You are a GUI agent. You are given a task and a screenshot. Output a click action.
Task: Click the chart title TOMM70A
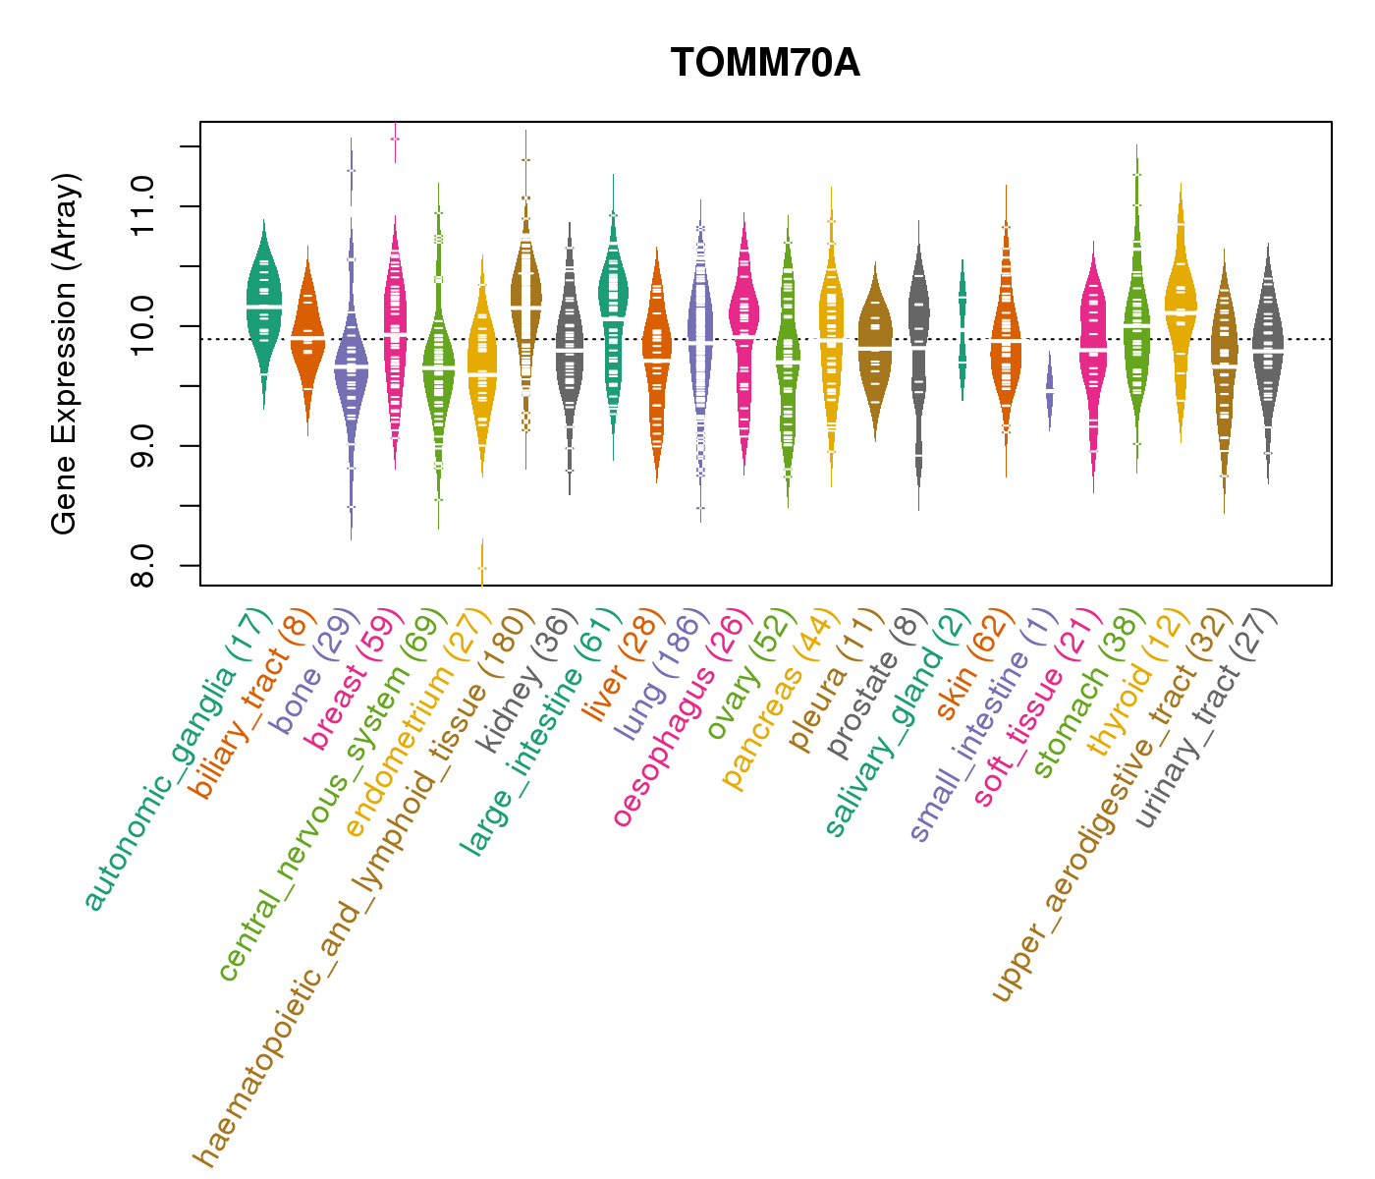point(765,64)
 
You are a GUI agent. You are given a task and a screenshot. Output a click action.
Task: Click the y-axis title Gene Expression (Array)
point(65,354)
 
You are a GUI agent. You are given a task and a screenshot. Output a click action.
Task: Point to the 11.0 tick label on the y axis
point(143,206)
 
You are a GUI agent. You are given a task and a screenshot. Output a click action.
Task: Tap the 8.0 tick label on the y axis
point(143,565)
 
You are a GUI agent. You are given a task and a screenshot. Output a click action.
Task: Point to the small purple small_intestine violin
point(1050,390)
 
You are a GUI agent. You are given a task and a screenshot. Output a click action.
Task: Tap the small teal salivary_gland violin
point(962,329)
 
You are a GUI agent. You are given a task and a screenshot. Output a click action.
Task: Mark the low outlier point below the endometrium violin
point(482,568)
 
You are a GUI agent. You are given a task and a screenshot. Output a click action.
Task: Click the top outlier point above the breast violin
point(395,140)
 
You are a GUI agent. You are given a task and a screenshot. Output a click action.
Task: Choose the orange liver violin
point(657,359)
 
